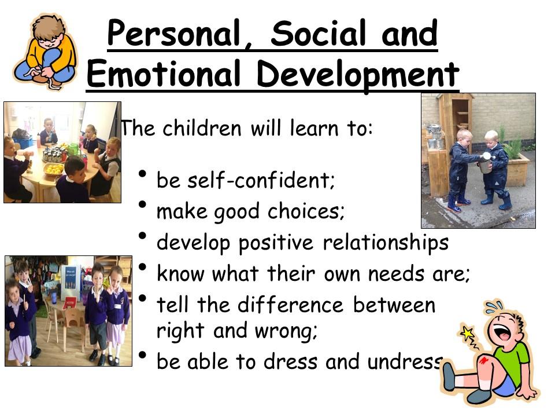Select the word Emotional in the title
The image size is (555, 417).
coord(163,74)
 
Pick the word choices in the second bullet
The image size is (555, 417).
coord(306,211)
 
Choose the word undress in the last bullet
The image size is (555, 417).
coord(405,361)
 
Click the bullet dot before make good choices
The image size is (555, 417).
coord(143,205)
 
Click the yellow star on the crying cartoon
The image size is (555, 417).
coord(468,333)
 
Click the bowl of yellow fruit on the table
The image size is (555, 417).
coord(54,169)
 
